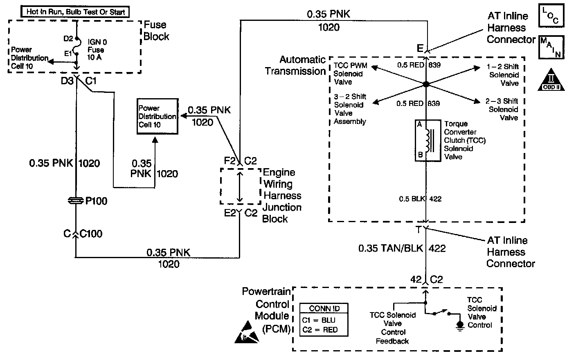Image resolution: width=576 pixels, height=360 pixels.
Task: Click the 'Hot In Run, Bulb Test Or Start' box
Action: pyautogui.click(x=75, y=12)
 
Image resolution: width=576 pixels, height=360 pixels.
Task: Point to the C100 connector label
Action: pyautogui.click(x=91, y=234)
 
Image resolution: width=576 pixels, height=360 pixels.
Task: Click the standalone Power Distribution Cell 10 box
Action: pyautogui.click(x=157, y=116)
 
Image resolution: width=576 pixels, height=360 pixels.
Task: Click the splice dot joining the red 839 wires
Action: pyautogui.click(x=426, y=84)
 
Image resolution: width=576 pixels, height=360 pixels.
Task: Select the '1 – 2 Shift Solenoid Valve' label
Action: pyautogui.click(x=504, y=75)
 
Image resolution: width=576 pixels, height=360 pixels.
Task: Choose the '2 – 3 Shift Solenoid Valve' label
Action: pyautogui.click(x=503, y=109)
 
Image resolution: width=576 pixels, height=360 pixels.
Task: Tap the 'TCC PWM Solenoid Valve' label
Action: pyautogui.click(x=350, y=74)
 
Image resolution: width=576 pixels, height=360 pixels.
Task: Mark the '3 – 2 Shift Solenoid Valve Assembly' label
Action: pyautogui.click(x=350, y=109)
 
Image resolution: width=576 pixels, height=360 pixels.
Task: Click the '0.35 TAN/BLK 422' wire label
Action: pyautogui.click(x=402, y=248)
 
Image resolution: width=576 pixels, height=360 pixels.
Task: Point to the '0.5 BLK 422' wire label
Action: pyautogui.click(x=420, y=199)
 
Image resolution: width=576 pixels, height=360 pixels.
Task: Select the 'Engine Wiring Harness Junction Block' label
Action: pyautogui.click(x=282, y=196)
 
